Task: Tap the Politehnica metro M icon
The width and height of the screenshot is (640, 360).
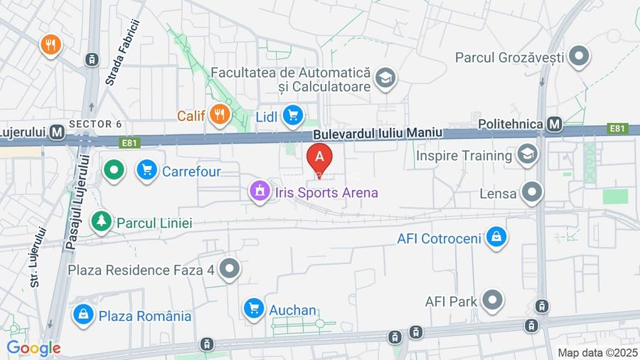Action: pyautogui.click(x=555, y=125)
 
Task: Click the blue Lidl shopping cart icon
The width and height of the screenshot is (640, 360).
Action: pyautogui.click(x=292, y=115)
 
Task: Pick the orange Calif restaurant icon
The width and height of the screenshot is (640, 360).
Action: pyautogui.click(x=220, y=114)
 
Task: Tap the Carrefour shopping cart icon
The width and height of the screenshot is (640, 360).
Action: pyautogui.click(x=146, y=171)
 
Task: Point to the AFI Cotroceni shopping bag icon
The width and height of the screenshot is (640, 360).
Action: pyautogui.click(x=496, y=238)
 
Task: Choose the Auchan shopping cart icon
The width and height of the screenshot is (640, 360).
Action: pyautogui.click(x=253, y=309)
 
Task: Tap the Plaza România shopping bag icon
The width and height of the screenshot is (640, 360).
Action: pyautogui.click(x=83, y=314)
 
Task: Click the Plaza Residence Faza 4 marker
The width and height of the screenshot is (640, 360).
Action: pyautogui.click(x=229, y=269)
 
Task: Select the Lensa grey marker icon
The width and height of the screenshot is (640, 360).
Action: pyautogui.click(x=531, y=192)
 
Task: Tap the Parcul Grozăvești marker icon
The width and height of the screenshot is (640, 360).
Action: pyautogui.click(x=580, y=55)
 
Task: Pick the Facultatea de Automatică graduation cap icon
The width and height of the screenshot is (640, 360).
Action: pyautogui.click(x=385, y=79)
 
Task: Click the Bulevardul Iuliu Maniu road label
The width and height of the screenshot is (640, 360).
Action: pyautogui.click(x=377, y=133)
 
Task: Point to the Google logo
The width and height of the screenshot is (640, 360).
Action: pyautogui.click(x=33, y=348)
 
